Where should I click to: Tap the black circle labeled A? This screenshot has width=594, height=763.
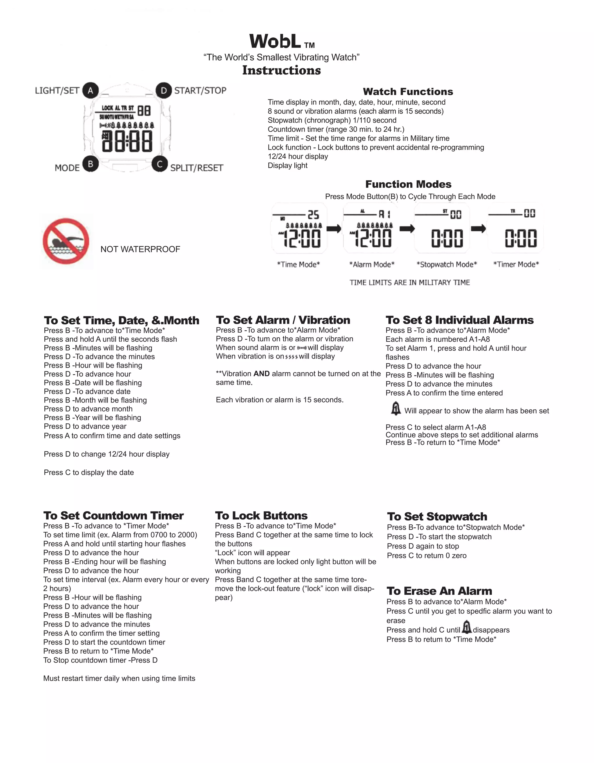(x=90, y=91)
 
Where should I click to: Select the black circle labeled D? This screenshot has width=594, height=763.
(x=163, y=91)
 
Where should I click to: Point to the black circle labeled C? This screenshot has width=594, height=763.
(x=160, y=164)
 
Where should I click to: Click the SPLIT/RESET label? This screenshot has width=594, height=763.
(x=196, y=168)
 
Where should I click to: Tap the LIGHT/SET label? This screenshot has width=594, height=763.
(x=57, y=91)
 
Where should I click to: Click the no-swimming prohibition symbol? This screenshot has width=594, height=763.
(x=66, y=241)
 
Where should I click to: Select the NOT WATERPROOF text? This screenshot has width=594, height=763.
(x=140, y=249)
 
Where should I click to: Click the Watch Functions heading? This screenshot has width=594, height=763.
(x=408, y=92)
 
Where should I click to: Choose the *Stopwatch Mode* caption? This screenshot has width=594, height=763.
(x=446, y=265)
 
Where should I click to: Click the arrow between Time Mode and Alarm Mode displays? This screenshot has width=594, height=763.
(x=334, y=229)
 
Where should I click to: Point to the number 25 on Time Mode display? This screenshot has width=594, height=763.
(x=313, y=214)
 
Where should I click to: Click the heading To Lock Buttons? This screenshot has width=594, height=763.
(x=261, y=516)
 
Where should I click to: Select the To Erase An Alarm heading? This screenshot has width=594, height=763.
(x=439, y=591)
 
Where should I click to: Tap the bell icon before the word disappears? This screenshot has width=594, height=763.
(x=466, y=627)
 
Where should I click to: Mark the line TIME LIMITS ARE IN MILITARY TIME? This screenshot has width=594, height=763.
(x=410, y=282)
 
